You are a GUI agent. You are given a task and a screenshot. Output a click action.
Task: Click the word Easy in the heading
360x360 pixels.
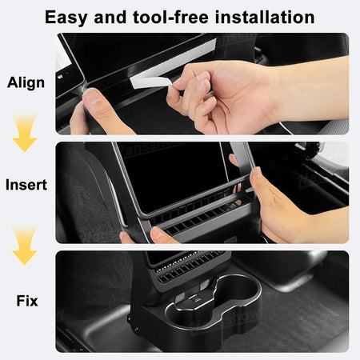66,18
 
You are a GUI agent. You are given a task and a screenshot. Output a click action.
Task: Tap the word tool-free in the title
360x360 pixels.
170,18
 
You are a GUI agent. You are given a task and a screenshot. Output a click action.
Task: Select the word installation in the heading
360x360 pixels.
265,18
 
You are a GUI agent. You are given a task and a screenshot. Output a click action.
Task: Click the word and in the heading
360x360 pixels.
110,18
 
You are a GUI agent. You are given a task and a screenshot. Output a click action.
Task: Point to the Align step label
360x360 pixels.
26,82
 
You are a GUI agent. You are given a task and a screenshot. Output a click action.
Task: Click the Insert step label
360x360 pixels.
26,185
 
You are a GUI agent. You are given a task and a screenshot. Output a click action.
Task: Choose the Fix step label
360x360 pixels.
27,301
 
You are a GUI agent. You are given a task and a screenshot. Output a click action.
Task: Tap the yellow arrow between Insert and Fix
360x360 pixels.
25,246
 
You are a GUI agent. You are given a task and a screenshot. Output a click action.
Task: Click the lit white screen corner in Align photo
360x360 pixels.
63,58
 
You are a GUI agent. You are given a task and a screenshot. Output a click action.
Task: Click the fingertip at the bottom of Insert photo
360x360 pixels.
159,234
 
